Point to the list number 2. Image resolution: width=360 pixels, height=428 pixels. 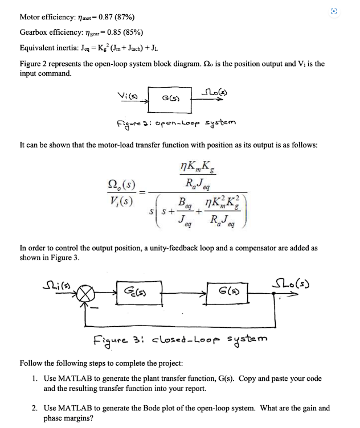pos(35,408)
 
